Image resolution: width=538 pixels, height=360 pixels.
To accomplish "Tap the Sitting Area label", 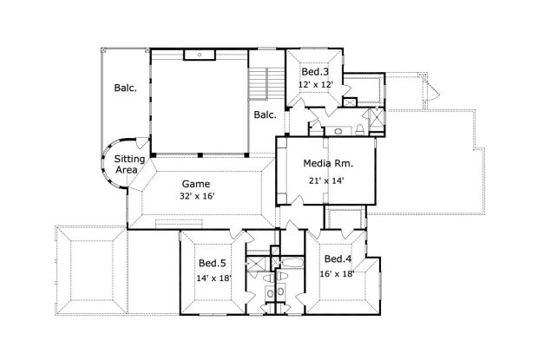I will click(129, 165).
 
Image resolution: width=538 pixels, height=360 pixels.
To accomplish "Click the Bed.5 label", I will click(212, 263).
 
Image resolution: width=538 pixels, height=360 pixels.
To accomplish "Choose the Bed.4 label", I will click(338, 259).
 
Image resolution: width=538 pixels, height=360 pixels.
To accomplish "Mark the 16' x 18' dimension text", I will click(338, 274).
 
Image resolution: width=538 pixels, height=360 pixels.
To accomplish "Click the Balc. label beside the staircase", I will click(265, 115).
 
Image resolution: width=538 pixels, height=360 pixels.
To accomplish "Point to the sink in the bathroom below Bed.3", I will click(337, 130).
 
